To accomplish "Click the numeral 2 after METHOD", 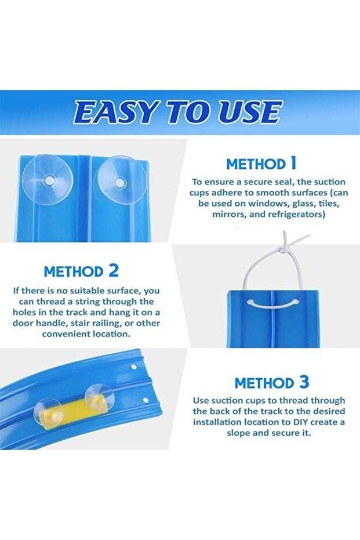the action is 113,271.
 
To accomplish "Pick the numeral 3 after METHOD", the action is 304,382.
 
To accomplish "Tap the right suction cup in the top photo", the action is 121,181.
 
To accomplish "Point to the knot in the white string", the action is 283,247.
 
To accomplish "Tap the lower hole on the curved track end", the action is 146,401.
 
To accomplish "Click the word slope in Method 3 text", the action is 238,433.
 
